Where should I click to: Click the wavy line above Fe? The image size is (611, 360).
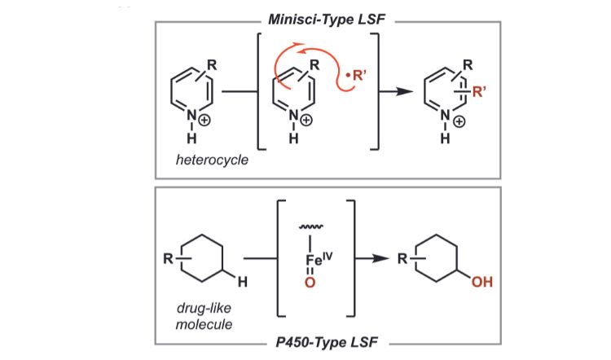coord(308,230)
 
